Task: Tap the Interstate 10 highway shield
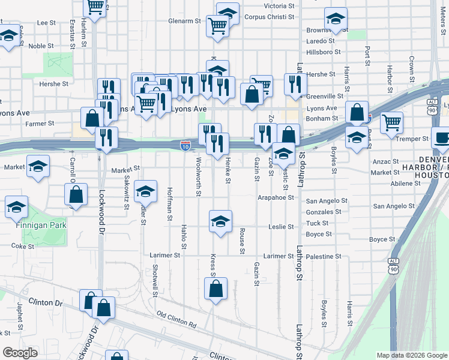pyautogui.click(x=185, y=146)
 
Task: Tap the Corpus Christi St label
pyautogui.click(x=270, y=17)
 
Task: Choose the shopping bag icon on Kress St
pyautogui.click(x=216, y=289)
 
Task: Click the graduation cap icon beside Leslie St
pyautogui.click(x=220, y=221)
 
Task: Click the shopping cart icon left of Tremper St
pyautogui.click(x=391, y=122)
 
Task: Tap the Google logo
pyautogui.click(x=20, y=352)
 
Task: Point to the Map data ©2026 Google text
pyautogui.click(x=411, y=355)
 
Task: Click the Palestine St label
pyautogui.click(x=324, y=256)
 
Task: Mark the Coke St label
pyautogui.click(x=23, y=246)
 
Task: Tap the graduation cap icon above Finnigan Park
pyautogui.click(x=16, y=208)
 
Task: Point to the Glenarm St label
pyautogui.click(x=184, y=20)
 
